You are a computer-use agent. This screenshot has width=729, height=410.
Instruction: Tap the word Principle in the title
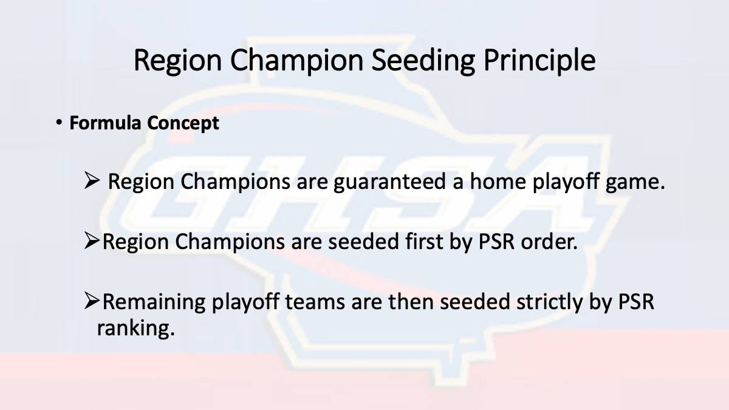(x=539, y=61)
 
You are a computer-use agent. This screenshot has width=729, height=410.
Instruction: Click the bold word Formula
(x=105, y=123)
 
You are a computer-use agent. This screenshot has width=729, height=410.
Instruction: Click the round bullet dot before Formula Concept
(x=59, y=123)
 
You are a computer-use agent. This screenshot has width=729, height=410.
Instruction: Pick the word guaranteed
(x=389, y=182)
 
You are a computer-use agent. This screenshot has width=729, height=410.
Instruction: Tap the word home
(x=498, y=181)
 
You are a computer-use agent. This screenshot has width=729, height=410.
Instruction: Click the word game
(x=635, y=183)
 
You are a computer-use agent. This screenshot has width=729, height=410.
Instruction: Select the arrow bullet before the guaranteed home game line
(x=92, y=180)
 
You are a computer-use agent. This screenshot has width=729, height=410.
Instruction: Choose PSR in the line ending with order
(x=496, y=242)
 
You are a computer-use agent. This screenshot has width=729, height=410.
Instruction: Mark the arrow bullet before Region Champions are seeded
(x=92, y=241)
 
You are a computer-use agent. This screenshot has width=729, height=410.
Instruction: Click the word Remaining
(x=154, y=302)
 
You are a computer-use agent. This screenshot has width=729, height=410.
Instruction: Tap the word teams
(x=315, y=302)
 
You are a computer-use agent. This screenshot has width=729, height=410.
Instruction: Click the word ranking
(x=135, y=329)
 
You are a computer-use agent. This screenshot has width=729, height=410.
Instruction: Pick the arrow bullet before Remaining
(x=92, y=301)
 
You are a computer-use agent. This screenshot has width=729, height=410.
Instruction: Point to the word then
(x=411, y=302)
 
